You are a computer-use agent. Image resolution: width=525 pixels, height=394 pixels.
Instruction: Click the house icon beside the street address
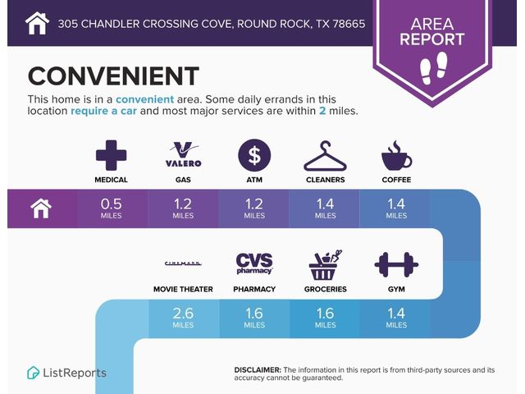coord(37,23)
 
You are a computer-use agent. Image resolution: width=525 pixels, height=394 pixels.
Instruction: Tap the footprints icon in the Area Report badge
coord(434,68)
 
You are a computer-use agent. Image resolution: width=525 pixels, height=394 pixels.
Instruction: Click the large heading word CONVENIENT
coord(113,76)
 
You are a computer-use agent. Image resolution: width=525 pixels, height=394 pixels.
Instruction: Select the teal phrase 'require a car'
coord(104,111)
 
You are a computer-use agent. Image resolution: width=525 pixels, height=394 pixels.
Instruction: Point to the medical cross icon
coord(112,155)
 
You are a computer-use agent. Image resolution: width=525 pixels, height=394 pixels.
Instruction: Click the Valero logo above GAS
coord(184,154)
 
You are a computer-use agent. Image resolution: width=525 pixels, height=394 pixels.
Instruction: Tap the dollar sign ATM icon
coord(254,155)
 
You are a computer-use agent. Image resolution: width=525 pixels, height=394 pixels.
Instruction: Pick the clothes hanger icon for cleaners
coord(325,156)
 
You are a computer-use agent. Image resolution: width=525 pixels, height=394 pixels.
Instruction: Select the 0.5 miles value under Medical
coord(112,208)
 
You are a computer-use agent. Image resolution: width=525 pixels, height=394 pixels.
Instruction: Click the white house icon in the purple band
coord(41,208)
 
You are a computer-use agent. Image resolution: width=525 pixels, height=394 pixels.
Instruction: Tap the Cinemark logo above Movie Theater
coord(183,263)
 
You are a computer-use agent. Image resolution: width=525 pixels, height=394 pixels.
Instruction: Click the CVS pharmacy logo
coord(254,263)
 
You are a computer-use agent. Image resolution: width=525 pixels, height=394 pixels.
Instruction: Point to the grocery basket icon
coord(325,265)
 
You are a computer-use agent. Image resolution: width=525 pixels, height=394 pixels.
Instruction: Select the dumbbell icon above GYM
coord(396,264)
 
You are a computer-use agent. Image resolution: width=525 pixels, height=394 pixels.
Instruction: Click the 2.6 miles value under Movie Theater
coord(183,318)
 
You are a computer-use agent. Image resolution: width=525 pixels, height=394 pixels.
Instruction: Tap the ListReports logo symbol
coord(33,373)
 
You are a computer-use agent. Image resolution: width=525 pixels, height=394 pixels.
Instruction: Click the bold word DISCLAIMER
coord(258,370)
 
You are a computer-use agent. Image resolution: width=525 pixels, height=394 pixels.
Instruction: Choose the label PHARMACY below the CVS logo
coord(254,289)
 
